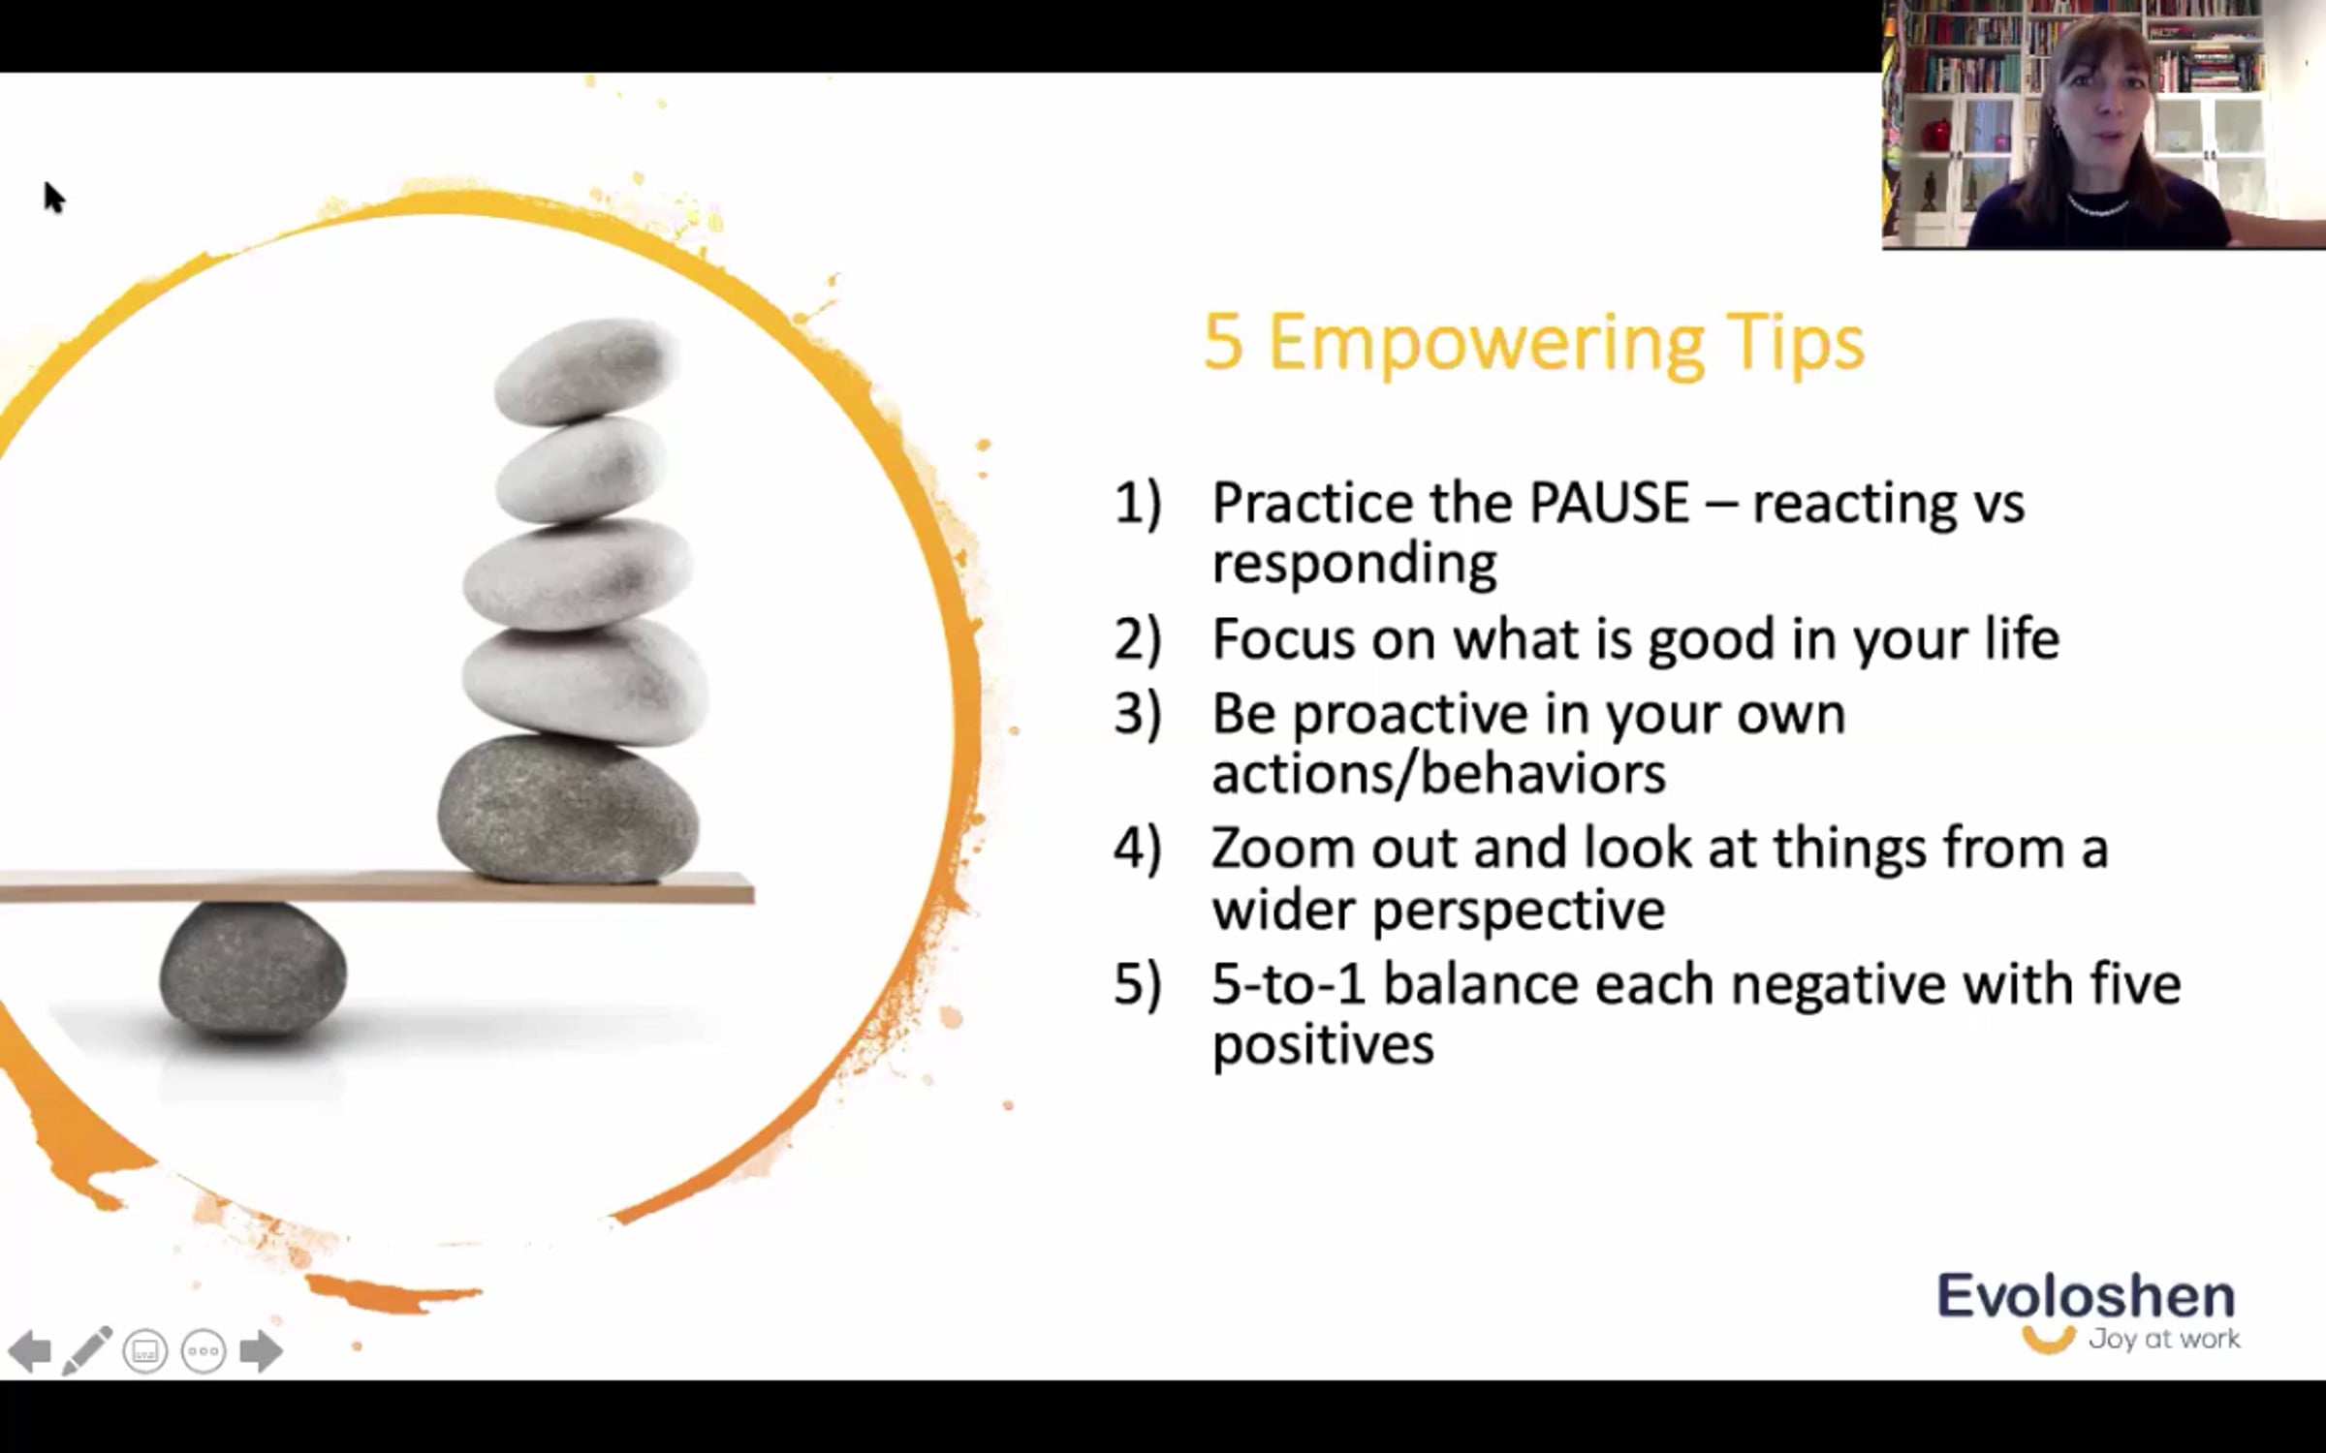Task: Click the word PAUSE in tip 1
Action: click(x=1610, y=504)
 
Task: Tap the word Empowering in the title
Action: click(x=1485, y=344)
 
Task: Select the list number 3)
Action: click(x=1137, y=714)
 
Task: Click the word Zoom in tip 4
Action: click(x=1283, y=849)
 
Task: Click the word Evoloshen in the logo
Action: click(x=2086, y=1295)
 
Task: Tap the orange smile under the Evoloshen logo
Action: click(x=2048, y=1341)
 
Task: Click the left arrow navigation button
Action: click(x=29, y=1350)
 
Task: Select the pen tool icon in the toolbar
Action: click(x=87, y=1350)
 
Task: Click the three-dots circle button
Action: click(x=204, y=1350)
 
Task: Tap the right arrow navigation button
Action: click(x=261, y=1350)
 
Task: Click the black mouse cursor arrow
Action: click(x=54, y=197)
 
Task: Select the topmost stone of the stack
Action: click(x=584, y=372)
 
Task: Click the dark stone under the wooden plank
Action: click(x=252, y=969)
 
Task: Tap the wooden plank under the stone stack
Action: click(x=377, y=887)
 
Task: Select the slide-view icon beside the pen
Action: click(x=145, y=1350)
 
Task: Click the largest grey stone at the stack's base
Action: click(x=569, y=809)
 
